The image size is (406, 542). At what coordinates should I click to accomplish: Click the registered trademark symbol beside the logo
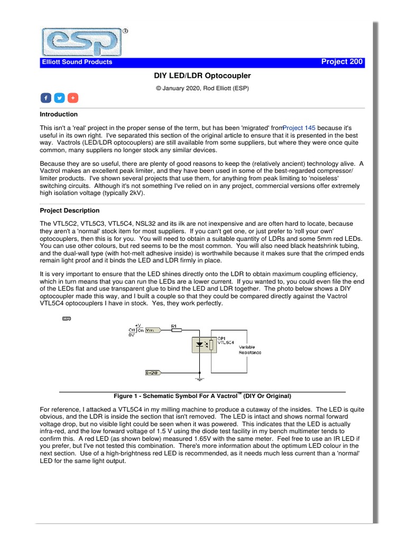(x=125, y=31)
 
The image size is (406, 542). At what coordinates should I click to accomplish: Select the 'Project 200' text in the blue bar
(x=342, y=62)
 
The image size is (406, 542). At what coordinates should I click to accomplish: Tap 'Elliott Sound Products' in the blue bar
(x=77, y=62)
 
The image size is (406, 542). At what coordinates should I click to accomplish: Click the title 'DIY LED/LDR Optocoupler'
(x=202, y=76)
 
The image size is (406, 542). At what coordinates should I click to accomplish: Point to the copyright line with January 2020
(x=202, y=88)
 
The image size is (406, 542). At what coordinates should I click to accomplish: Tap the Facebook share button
(x=45, y=98)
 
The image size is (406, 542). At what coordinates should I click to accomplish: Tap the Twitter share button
(x=59, y=98)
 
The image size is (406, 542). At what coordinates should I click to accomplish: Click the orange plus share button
(x=73, y=98)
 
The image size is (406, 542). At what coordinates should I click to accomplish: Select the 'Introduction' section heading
(x=59, y=114)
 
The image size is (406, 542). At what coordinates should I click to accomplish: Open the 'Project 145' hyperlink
(x=299, y=128)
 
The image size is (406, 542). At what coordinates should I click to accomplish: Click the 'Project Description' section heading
(x=70, y=211)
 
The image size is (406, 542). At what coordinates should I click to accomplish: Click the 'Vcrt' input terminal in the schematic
(x=153, y=330)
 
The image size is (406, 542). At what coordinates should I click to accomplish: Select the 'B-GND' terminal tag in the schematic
(x=153, y=373)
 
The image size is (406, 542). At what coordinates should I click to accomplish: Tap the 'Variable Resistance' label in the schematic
(x=250, y=349)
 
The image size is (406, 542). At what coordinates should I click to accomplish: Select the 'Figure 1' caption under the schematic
(x=202, y=396)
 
